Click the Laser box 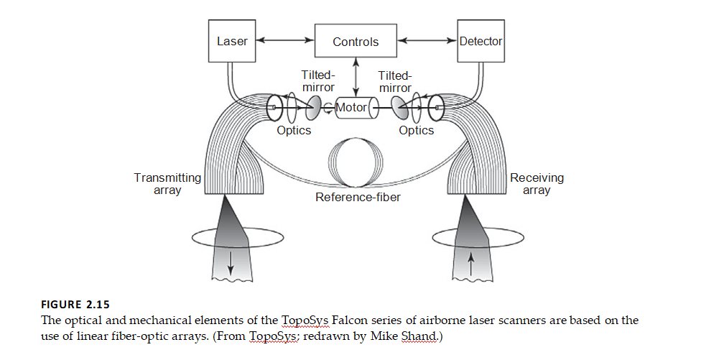click(x=232, y=41)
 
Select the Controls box click(x=355, y=42)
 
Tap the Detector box click(x=481, y=41)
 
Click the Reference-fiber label click(x=358, y=196)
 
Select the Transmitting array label click(x=167, y=184)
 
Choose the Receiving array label click(x=537, y=184)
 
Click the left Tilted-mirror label click(x=317, y=81)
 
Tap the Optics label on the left click(x=294, y=131)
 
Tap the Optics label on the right click(x=417, y=131)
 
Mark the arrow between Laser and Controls click(x=285, y=42)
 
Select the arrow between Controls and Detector click(x=428, y=42)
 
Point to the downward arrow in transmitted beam click(x=231, y=265)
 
